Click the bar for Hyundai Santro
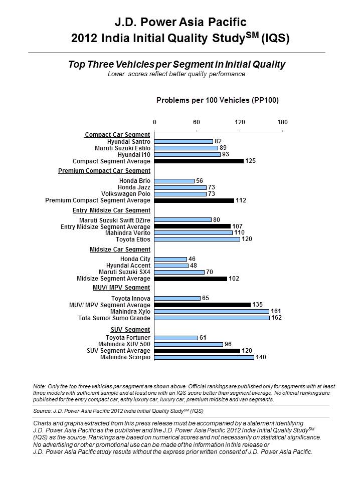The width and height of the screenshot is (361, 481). click(x=184, y=141)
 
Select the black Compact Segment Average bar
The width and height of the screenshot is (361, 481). click(x=199, y=161)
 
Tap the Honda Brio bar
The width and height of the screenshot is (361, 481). click(x=174, y=181)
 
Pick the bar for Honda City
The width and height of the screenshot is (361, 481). click(x=170, y=259)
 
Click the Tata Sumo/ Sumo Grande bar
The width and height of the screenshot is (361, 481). click(x=212, y=318)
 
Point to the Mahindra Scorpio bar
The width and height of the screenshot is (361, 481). click(x=204, y=357)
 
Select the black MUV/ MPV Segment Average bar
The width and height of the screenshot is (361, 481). click(x=203, y=305)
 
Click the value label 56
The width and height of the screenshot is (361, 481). click(x=200, y=181)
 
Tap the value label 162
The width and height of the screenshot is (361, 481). click(x=277, y=318)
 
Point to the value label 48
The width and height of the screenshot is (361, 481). click(x=194, y=266)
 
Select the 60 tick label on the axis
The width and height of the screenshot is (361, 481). click(x=197, y=122)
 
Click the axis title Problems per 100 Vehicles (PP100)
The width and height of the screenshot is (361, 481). click(x=218, y=100)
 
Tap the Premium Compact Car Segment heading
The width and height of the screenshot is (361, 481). click(x=104, y=171)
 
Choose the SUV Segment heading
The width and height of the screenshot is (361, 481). click(x=130, y=330)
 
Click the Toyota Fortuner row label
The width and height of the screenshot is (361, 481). click(x=128, y=337)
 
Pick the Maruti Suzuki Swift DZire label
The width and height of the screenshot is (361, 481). click(x=115, y=220)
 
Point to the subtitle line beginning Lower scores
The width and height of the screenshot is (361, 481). click(x=176, y=74)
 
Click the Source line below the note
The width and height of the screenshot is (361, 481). click(x=118, y=411)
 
